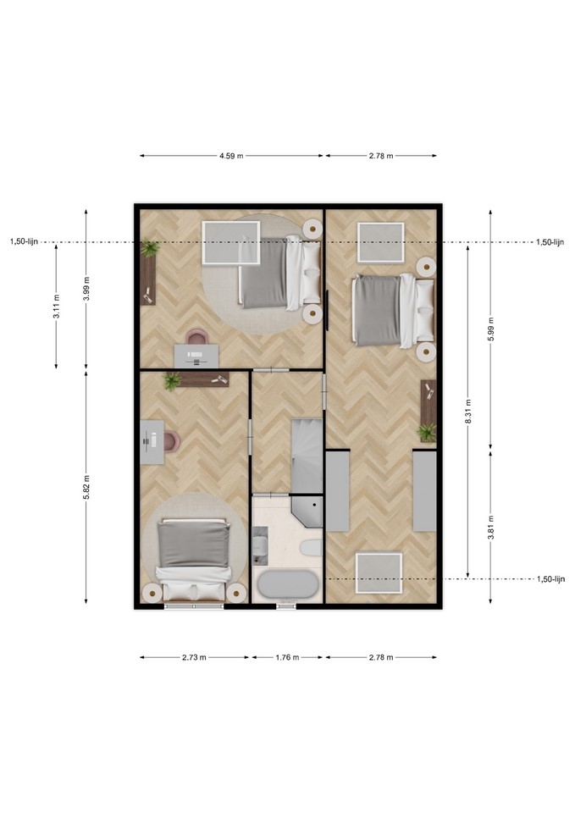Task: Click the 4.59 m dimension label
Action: tap(232, 156)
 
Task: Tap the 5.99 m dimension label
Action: tap(491, 329)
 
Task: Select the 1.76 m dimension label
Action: tap(287, 657)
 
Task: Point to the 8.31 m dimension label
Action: tap(468, 412)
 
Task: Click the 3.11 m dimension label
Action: tap(57, 307)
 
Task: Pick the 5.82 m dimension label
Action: tap(86, 487)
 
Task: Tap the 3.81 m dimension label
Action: tap(491, 528)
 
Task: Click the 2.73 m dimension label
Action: tap(195, 657)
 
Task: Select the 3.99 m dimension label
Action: tap(86, 289)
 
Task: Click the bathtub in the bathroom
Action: tap(288, 585)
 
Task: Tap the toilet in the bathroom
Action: tap(311, 548)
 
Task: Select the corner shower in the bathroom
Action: tap(307, 512)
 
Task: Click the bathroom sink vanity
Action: tap(260, 546)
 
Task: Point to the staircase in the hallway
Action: tap(307, 456)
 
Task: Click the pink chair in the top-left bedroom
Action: tap(196, 338)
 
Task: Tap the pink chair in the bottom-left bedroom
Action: tap(171, 442)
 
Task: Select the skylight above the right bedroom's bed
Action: tap(380, 243)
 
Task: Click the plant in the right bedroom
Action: tap(427, 433)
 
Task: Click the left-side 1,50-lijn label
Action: tap(24, 241)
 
